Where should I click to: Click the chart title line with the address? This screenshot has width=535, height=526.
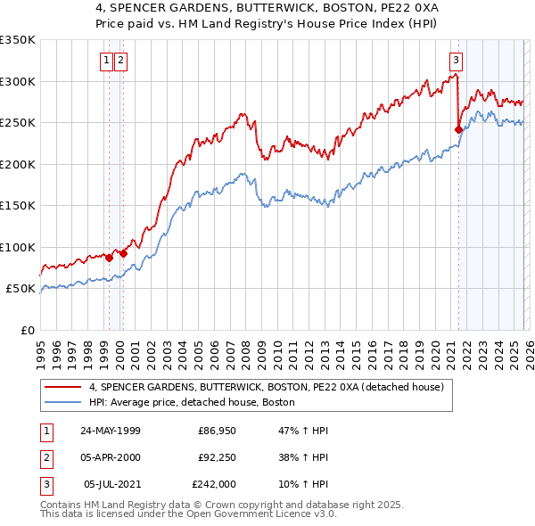pyautogui.click(x=267, y=6)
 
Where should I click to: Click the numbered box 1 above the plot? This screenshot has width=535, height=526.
pyautogui.click(x=106, y=61)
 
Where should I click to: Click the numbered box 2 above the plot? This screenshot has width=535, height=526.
pyautogui.click(x=119, y=61)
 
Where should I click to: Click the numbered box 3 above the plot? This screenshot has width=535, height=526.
pyautogui.click(x=456, y=61)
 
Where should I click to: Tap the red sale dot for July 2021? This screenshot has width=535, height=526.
pyautogui.click(x=458, y=129)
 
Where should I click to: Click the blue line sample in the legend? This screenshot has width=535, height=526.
pyautogui.click(x=63, y=402)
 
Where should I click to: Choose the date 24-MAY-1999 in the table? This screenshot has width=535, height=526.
pyautogui.click(x=110, y=431)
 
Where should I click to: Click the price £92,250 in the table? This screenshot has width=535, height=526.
pyautogui.click(x=217, y=457)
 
